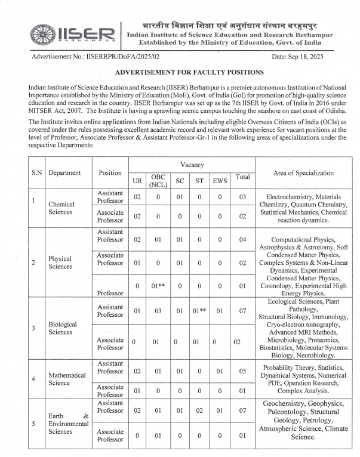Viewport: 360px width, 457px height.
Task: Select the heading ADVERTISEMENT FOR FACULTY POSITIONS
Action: [x=180, y=72]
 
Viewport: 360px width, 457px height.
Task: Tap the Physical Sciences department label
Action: [x=60, y=263]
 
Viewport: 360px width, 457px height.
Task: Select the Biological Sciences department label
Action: [x=64, y=328]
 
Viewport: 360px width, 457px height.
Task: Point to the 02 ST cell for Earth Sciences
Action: [x=199, y=410]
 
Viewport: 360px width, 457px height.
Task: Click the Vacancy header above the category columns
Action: [x=192, y=163]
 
